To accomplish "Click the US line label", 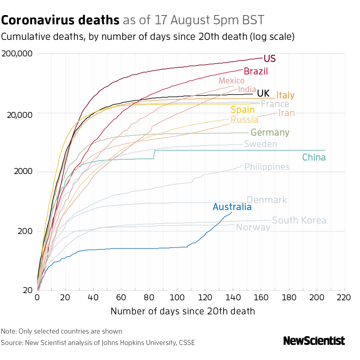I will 269,58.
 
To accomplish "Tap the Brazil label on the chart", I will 256,71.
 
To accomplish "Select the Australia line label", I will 232,207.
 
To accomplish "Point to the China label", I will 313,157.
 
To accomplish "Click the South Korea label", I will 299,220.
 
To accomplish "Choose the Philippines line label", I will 267,167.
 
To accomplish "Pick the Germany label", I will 270,133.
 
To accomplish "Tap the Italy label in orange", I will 285,95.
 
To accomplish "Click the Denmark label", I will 267,200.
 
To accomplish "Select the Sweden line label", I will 260,144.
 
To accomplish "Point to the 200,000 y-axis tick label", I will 17,54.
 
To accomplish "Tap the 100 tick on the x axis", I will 177,298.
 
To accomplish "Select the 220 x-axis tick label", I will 344,298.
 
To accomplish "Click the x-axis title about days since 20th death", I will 183,311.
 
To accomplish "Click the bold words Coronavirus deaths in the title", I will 60,20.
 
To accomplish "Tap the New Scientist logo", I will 314,341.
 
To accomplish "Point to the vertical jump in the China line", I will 154,154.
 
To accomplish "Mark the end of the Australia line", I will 232,212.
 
